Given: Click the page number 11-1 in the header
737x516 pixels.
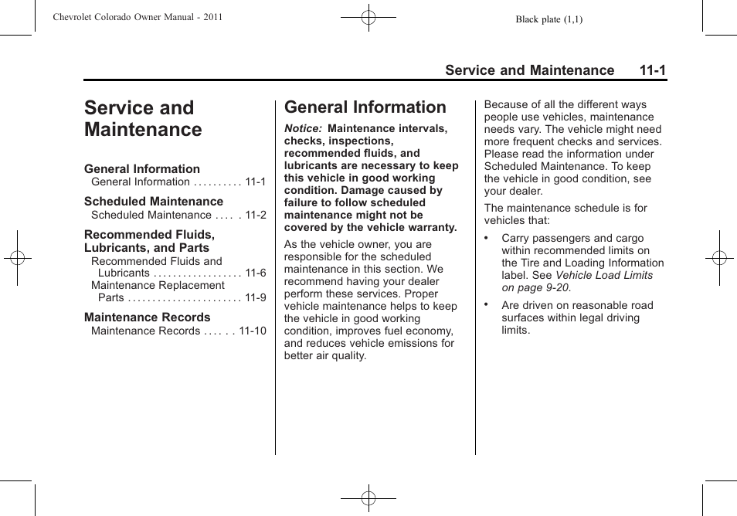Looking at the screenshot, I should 652,70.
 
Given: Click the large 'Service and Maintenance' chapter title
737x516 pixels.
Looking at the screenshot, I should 143,119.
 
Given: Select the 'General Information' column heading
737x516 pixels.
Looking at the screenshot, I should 365,107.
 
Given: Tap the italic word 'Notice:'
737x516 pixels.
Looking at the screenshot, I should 303,129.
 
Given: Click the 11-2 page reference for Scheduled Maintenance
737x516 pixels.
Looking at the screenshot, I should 255,216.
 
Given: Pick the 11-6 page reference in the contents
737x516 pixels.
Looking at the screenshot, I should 255,273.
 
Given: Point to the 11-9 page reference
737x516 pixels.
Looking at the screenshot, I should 255,298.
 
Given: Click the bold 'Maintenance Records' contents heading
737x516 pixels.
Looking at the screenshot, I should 147,317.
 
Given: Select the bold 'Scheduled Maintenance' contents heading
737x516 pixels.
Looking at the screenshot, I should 153,202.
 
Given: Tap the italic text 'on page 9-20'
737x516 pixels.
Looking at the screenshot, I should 536,288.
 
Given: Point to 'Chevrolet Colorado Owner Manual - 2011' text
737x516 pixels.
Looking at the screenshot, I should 138,17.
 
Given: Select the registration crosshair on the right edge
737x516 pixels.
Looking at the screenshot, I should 719,258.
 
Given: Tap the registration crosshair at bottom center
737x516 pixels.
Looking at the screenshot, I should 368,499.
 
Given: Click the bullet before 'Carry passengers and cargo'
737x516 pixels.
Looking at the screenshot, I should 487,239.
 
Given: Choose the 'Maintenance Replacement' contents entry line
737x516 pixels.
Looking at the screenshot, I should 158,286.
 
